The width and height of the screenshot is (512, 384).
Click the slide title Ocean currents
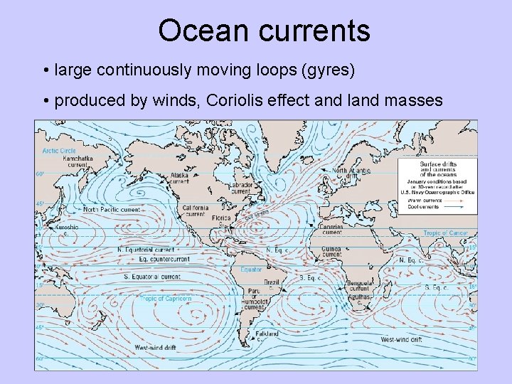coord(264,31)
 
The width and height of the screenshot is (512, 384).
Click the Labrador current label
coord(241,188)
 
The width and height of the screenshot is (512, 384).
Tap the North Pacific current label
coord(112,210)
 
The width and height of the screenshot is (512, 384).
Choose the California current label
coord(195,211)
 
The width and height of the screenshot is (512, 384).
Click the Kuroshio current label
coord(67,230)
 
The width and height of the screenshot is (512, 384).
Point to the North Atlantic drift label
coord(351,174)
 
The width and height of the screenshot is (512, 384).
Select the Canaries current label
coord(331,229)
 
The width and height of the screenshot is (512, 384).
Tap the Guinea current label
coord(332,251)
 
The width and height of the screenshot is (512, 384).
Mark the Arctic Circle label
coord(59,151)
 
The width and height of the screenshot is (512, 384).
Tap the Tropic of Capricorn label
coord(165,299)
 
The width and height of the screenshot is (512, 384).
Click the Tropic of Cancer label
coord(446,233)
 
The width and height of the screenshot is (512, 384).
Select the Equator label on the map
coord(251,270)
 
